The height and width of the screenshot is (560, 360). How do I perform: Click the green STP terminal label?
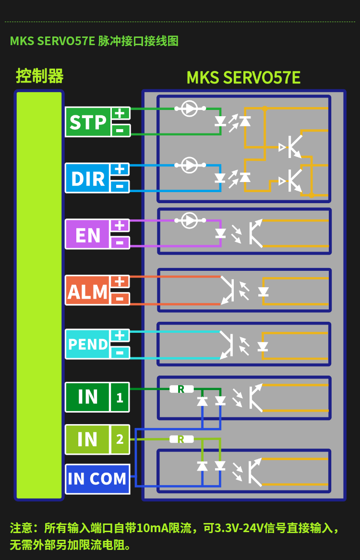point(88,122)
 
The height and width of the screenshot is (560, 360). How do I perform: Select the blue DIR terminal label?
point(88,178)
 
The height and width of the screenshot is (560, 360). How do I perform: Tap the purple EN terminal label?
point(88,234)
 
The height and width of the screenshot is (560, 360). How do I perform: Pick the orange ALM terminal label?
point(88,291)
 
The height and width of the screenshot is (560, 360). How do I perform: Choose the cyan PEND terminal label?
point(88,344)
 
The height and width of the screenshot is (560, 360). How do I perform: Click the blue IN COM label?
point(97,479)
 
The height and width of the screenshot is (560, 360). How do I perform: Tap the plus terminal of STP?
point(120,113)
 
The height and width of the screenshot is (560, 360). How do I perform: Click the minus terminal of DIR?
point(120,186)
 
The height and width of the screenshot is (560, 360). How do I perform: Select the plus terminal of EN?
point(120,226)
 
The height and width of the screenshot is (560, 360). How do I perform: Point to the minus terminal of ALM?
point(120,299)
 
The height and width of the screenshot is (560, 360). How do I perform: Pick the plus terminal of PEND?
point(120,336)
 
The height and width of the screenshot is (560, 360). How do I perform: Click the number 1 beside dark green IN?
point(120,397)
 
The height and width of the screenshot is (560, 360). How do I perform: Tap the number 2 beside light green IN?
point(120,439)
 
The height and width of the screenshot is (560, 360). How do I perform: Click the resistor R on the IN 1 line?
point(181,389)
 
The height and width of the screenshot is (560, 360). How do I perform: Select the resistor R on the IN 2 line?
point(181,439)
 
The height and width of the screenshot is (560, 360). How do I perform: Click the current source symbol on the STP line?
point(190,108)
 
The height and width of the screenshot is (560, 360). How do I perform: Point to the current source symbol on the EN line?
point(190,220)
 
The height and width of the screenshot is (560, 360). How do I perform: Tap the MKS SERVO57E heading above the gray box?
point(243,77)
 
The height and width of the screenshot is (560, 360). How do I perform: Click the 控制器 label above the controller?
point(40,76)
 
